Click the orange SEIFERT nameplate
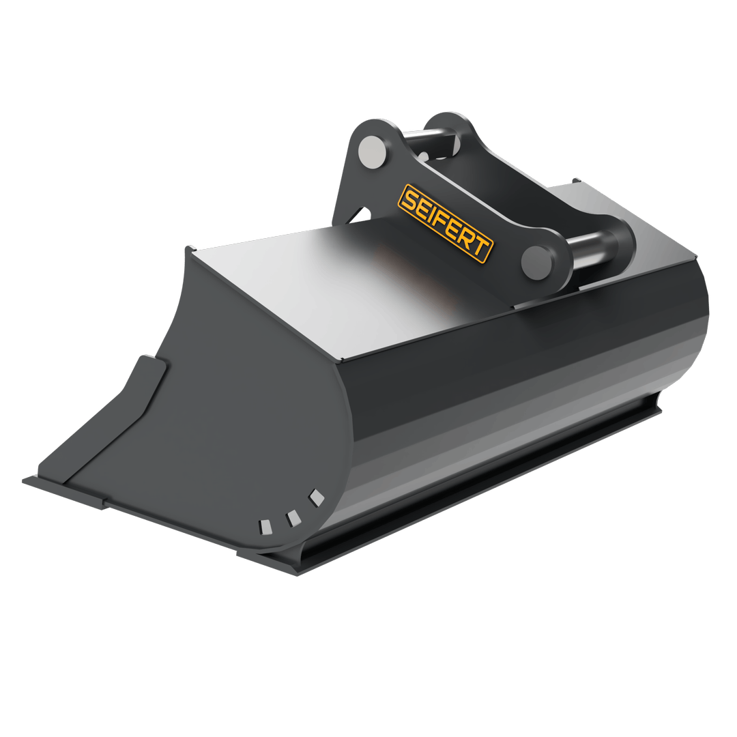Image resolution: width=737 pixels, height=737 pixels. (x=445, y=223)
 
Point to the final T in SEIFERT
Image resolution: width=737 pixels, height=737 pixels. (x=481, y=249)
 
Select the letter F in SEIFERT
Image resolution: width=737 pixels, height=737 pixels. (x=440, y=220)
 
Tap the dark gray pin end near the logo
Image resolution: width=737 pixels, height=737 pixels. (x=536, y=261)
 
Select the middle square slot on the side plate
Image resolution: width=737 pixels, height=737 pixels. (x=293, y=518)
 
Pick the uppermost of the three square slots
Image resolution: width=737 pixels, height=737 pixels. (x=317, y=498)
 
